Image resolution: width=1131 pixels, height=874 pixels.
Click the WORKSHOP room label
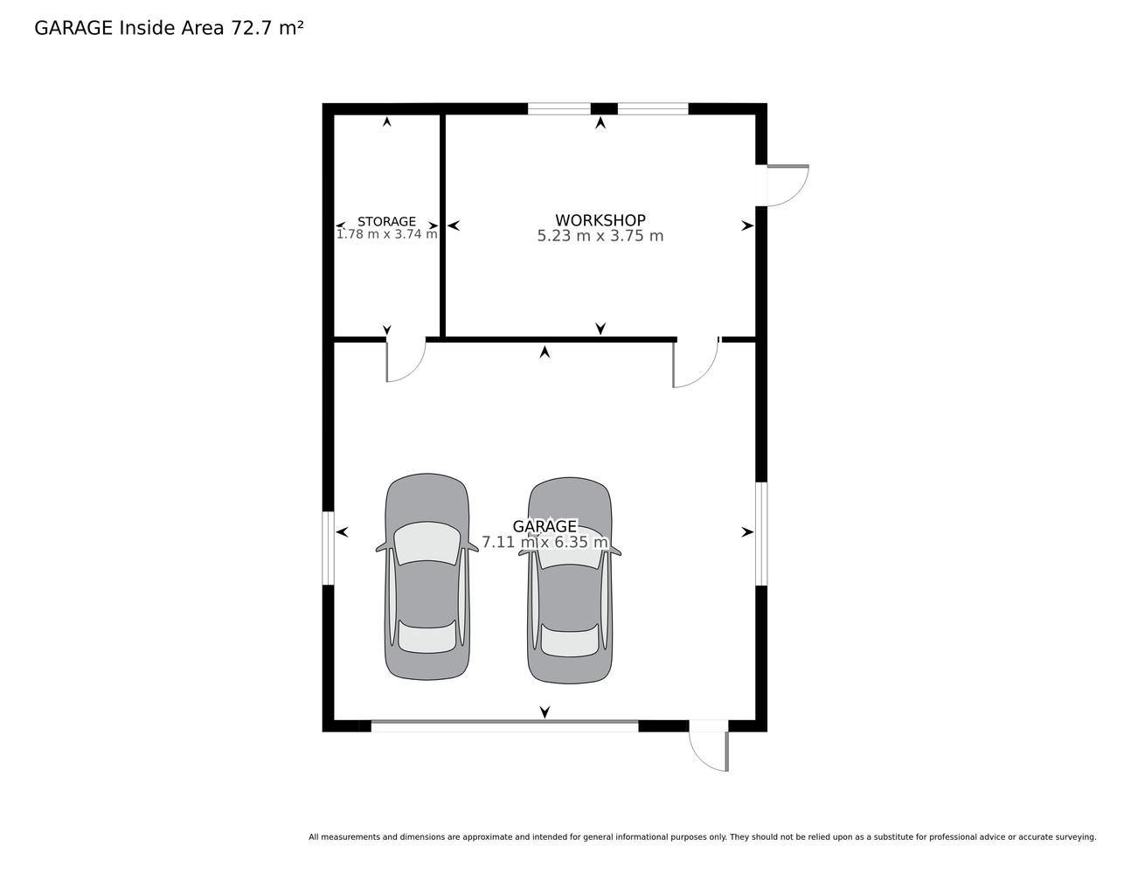click(600, 220)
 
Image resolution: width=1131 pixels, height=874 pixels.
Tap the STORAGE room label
click(386, 222)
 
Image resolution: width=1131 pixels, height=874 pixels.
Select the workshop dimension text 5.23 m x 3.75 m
click(600, 236)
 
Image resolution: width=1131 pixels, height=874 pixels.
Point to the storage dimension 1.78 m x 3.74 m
click(386, 234)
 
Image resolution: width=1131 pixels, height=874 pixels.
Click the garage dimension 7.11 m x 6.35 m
click(545, 542)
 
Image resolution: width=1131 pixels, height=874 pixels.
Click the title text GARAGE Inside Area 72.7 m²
click(169, 28)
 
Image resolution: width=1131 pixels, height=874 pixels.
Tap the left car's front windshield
click(427, 543)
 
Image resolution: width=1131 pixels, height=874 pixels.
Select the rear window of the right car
click(570, 641)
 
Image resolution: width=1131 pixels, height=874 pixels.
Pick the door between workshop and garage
click(697, 363)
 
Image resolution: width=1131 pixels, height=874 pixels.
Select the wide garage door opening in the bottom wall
click(504, 725)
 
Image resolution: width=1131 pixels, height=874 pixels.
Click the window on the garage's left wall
click(328, 548)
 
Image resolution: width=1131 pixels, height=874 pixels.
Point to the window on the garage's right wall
click(761, 534)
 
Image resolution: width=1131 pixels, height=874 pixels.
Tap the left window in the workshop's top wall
click(559, 108)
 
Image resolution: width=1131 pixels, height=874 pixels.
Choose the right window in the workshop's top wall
click(653, 108)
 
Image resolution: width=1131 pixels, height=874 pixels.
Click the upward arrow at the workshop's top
click(600, 122)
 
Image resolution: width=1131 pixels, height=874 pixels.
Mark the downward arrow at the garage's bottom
click(545, 712)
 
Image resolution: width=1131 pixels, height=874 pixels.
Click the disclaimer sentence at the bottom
click(703, 837)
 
